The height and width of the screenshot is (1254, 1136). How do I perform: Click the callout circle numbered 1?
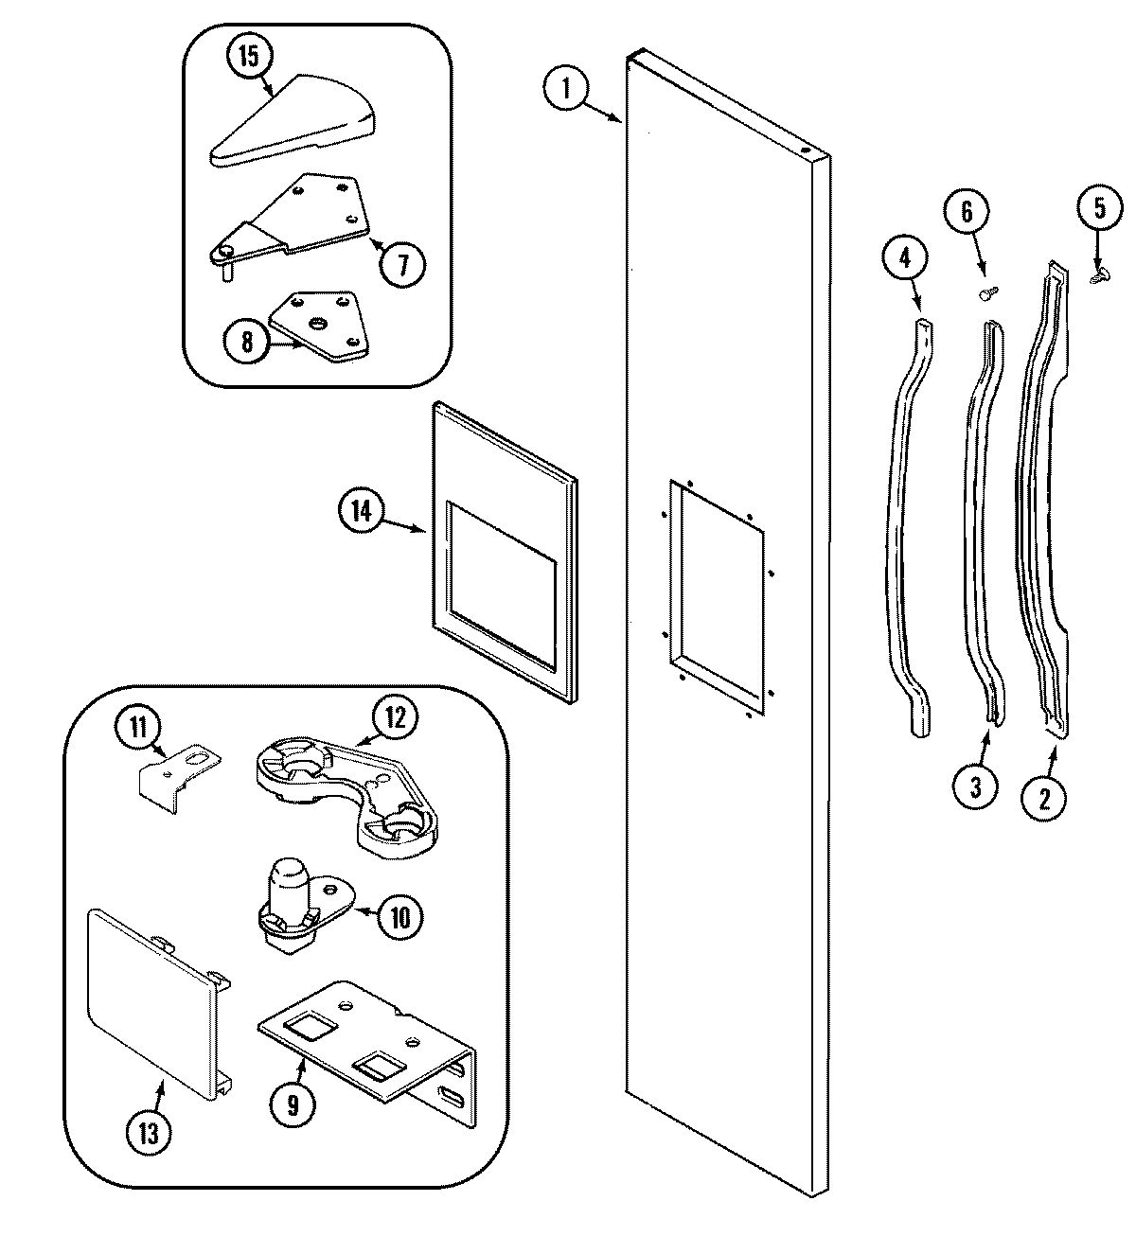(x=566, y=89)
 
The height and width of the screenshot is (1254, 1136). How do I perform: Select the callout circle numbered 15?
(x=248, y=56)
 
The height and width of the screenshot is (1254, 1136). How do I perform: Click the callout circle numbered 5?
(x=1099, y=208)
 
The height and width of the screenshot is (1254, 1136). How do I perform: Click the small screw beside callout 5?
(x=1099, y=275)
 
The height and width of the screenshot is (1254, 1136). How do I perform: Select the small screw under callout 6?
(x=985, y=294)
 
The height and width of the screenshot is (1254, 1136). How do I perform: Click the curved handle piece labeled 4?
(x=907, y=530)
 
